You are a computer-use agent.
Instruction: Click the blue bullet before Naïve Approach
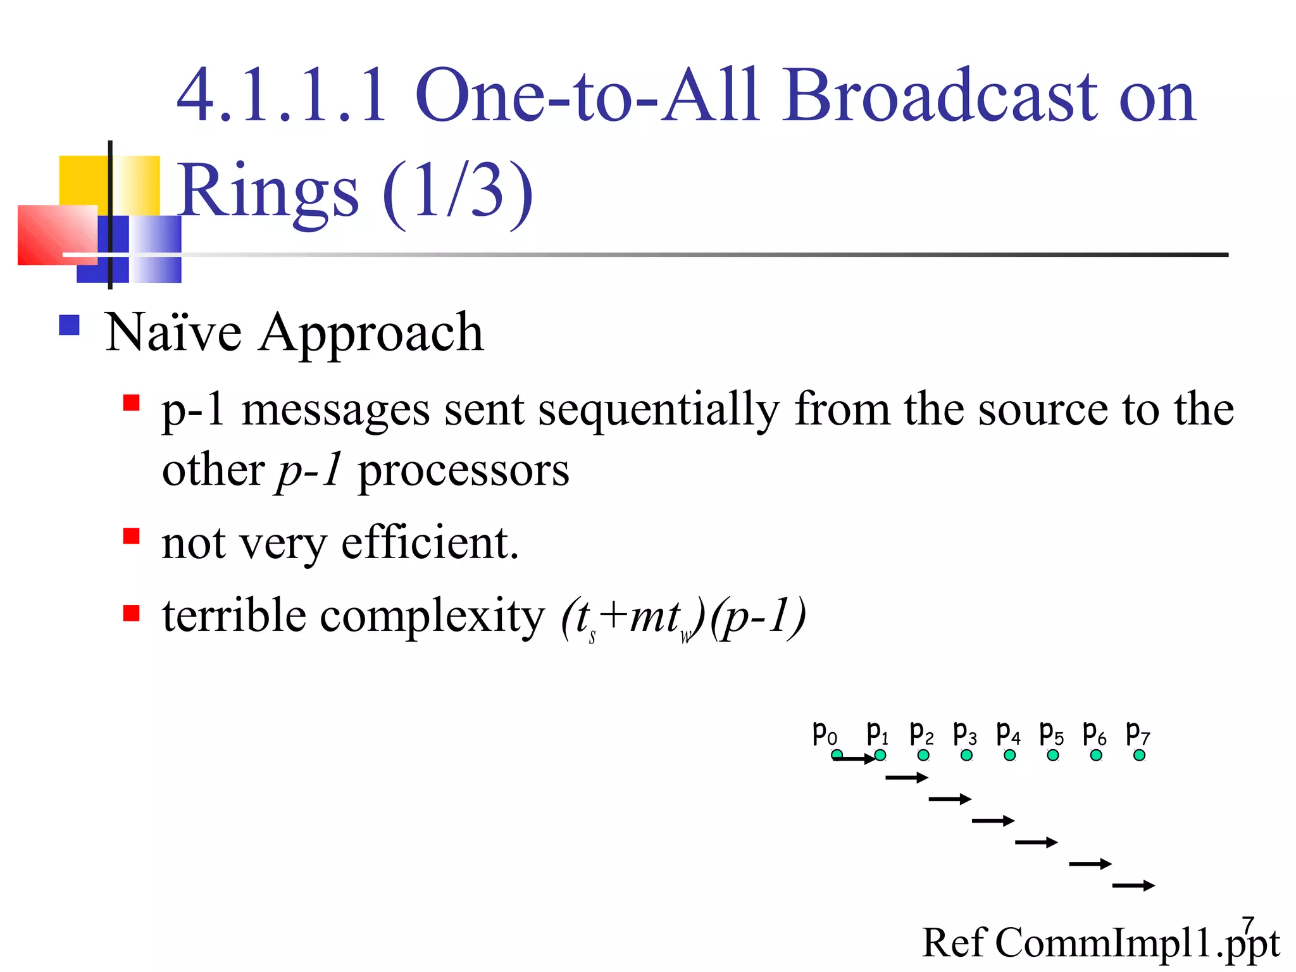point(69,325)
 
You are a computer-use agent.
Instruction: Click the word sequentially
point(658,410)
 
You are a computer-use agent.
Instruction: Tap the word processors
point(463,472)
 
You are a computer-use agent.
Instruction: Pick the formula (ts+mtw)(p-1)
point(683,618)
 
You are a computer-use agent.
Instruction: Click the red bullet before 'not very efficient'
point(131,536)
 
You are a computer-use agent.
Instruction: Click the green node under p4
point(1009,755)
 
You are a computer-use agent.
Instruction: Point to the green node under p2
point(923,755)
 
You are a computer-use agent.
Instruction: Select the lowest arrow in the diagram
point(1133,885)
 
